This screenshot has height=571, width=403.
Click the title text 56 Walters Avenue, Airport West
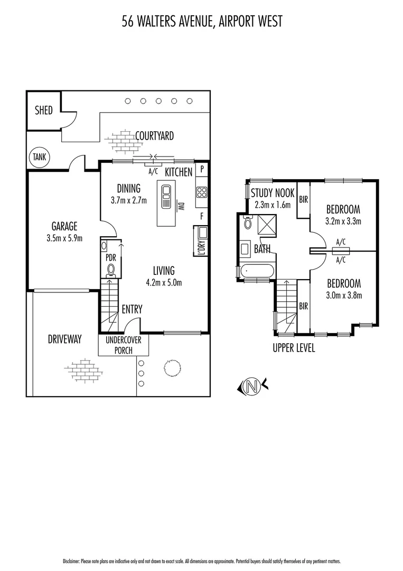click(x=202, y=21)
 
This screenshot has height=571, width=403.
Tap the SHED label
click(x=44, y=111)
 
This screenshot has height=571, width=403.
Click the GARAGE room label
click(x=64, y=226)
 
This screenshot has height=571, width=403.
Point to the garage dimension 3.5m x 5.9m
click(x=64, y=238)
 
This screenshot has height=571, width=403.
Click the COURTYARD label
click(x=154, y=136)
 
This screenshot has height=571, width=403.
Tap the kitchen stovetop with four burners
click(x=201, y=192)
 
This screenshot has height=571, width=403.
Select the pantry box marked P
click(x=202, y=170)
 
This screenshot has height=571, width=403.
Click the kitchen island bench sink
click(x=167, y=191)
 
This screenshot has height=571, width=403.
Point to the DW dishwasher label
click(x=180, y=206)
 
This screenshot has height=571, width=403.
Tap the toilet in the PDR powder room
click(x=111, y=270)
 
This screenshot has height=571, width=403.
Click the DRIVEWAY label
click(x=64, y=339)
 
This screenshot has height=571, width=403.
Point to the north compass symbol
click(x=252, y=386)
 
